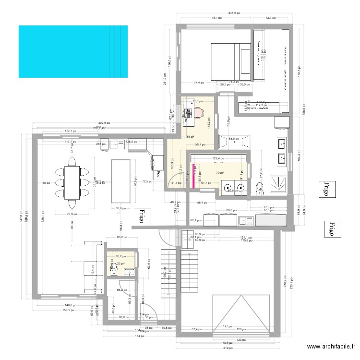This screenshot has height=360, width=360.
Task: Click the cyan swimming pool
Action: tap(73, 51)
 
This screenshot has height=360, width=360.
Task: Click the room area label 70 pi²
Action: tap(219, 173)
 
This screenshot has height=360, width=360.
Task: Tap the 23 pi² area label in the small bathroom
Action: tap(120, 263)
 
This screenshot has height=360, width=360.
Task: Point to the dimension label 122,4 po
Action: tap(218, 158)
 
